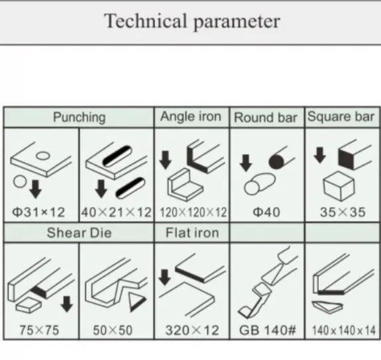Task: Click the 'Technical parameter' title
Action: coord(192,22)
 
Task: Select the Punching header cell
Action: coord(80,117)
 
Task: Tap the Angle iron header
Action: coord(191,116)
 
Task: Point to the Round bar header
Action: coord(266,118)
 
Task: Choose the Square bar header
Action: coord(341,116)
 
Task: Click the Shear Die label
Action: coord(80,233)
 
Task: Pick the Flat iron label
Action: coord(192,233)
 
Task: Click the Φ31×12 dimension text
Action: coord(38,212)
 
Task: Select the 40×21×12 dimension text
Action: coord(117,212)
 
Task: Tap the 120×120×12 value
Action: coord(193,212)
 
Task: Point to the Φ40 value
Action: coord(266,212)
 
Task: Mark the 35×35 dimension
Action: coord(343,212)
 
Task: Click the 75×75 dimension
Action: coord(39,330)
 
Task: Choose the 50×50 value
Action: coord(113,330)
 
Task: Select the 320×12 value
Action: coord(192,330)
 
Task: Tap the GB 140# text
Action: coord(268,330)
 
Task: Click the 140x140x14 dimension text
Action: coord(344,331)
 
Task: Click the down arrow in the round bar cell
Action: coord(246,163)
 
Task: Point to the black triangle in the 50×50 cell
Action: coord(136,302)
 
